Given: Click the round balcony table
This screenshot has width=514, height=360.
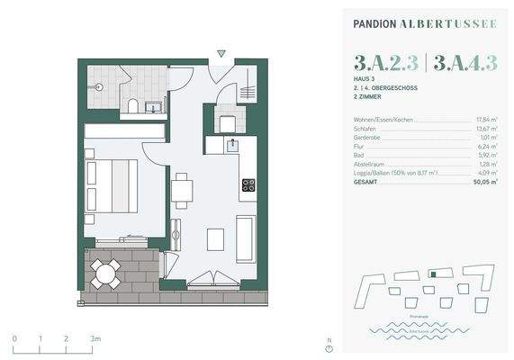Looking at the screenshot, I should point(106,273).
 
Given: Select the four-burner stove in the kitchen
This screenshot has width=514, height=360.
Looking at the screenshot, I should point(248,186).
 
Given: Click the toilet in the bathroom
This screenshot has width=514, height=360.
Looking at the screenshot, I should point(133,107).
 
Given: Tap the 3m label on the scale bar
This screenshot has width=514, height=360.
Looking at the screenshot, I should point(95,337).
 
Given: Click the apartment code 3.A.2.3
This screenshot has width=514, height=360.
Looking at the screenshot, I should point(385,62).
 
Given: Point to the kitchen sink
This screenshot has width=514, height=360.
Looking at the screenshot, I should point(231,142).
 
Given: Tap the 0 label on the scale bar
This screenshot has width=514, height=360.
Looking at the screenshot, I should point(14,337).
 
